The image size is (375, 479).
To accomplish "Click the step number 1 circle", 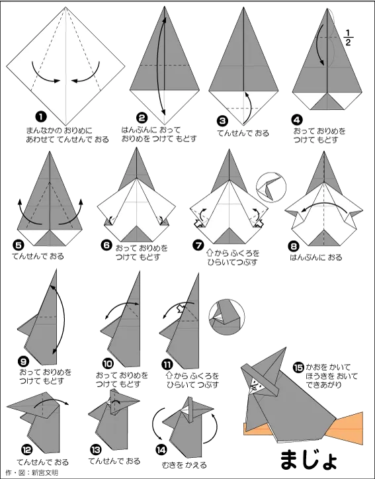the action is coord(40,116).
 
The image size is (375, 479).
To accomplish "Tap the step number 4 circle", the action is coord(297,120).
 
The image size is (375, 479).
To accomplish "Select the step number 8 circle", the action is coord(294,246).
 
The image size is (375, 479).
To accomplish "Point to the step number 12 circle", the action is coord(26,449).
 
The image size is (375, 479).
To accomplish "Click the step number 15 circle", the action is coord(298,367).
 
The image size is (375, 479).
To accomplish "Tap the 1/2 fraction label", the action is coord(348,38).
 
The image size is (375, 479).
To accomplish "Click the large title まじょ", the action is coord(308,458).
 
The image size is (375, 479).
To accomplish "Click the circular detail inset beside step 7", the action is coord(271,187).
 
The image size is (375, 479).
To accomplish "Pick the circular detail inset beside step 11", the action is coord(227,317).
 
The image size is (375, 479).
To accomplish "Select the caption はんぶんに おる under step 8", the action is coord(315,257).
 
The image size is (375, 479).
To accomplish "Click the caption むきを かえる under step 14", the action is coord(184,465).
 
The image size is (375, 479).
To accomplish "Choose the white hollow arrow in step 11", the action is coord(181,308).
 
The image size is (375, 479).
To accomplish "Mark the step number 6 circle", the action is coord(106,245).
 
